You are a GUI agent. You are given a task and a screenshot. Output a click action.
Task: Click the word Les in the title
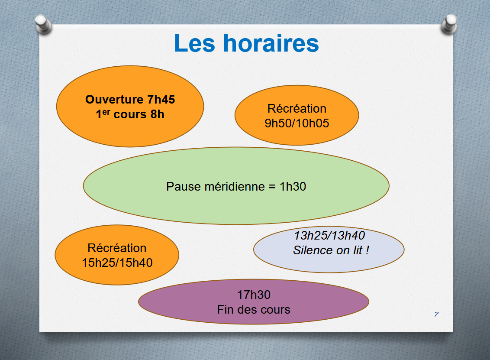coord(194,43)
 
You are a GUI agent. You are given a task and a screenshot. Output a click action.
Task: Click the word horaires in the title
coord(271,43)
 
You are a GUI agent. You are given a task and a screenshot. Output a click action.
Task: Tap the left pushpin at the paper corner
coord(43,24)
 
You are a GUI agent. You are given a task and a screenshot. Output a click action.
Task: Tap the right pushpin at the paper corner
coord(449,24)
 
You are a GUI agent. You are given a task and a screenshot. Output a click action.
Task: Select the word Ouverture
coord(114,100)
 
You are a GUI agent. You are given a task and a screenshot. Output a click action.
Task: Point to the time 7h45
coord(161,100)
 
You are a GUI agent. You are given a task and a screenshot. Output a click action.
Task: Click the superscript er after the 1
coord(106,112)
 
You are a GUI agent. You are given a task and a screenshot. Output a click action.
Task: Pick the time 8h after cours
coord(157,114)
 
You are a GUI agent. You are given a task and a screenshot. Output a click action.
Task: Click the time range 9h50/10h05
coord(297,123)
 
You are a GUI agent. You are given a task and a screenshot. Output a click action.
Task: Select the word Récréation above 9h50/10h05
coord(297,109)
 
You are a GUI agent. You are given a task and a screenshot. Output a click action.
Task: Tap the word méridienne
coord(235,186)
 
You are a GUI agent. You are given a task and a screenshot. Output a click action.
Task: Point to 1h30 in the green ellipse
coord(293,186)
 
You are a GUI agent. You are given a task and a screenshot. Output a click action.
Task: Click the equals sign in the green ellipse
coord(272,187)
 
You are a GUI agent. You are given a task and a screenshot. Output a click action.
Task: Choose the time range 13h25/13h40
coord(329,236)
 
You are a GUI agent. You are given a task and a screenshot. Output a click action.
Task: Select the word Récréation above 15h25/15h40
coord(117,248)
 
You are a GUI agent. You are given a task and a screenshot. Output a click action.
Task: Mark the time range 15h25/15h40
coord(117,263)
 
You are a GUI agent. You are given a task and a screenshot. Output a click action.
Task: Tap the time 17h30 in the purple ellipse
coord(254,295)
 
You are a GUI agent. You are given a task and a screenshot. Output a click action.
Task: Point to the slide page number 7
coord(437,315)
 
